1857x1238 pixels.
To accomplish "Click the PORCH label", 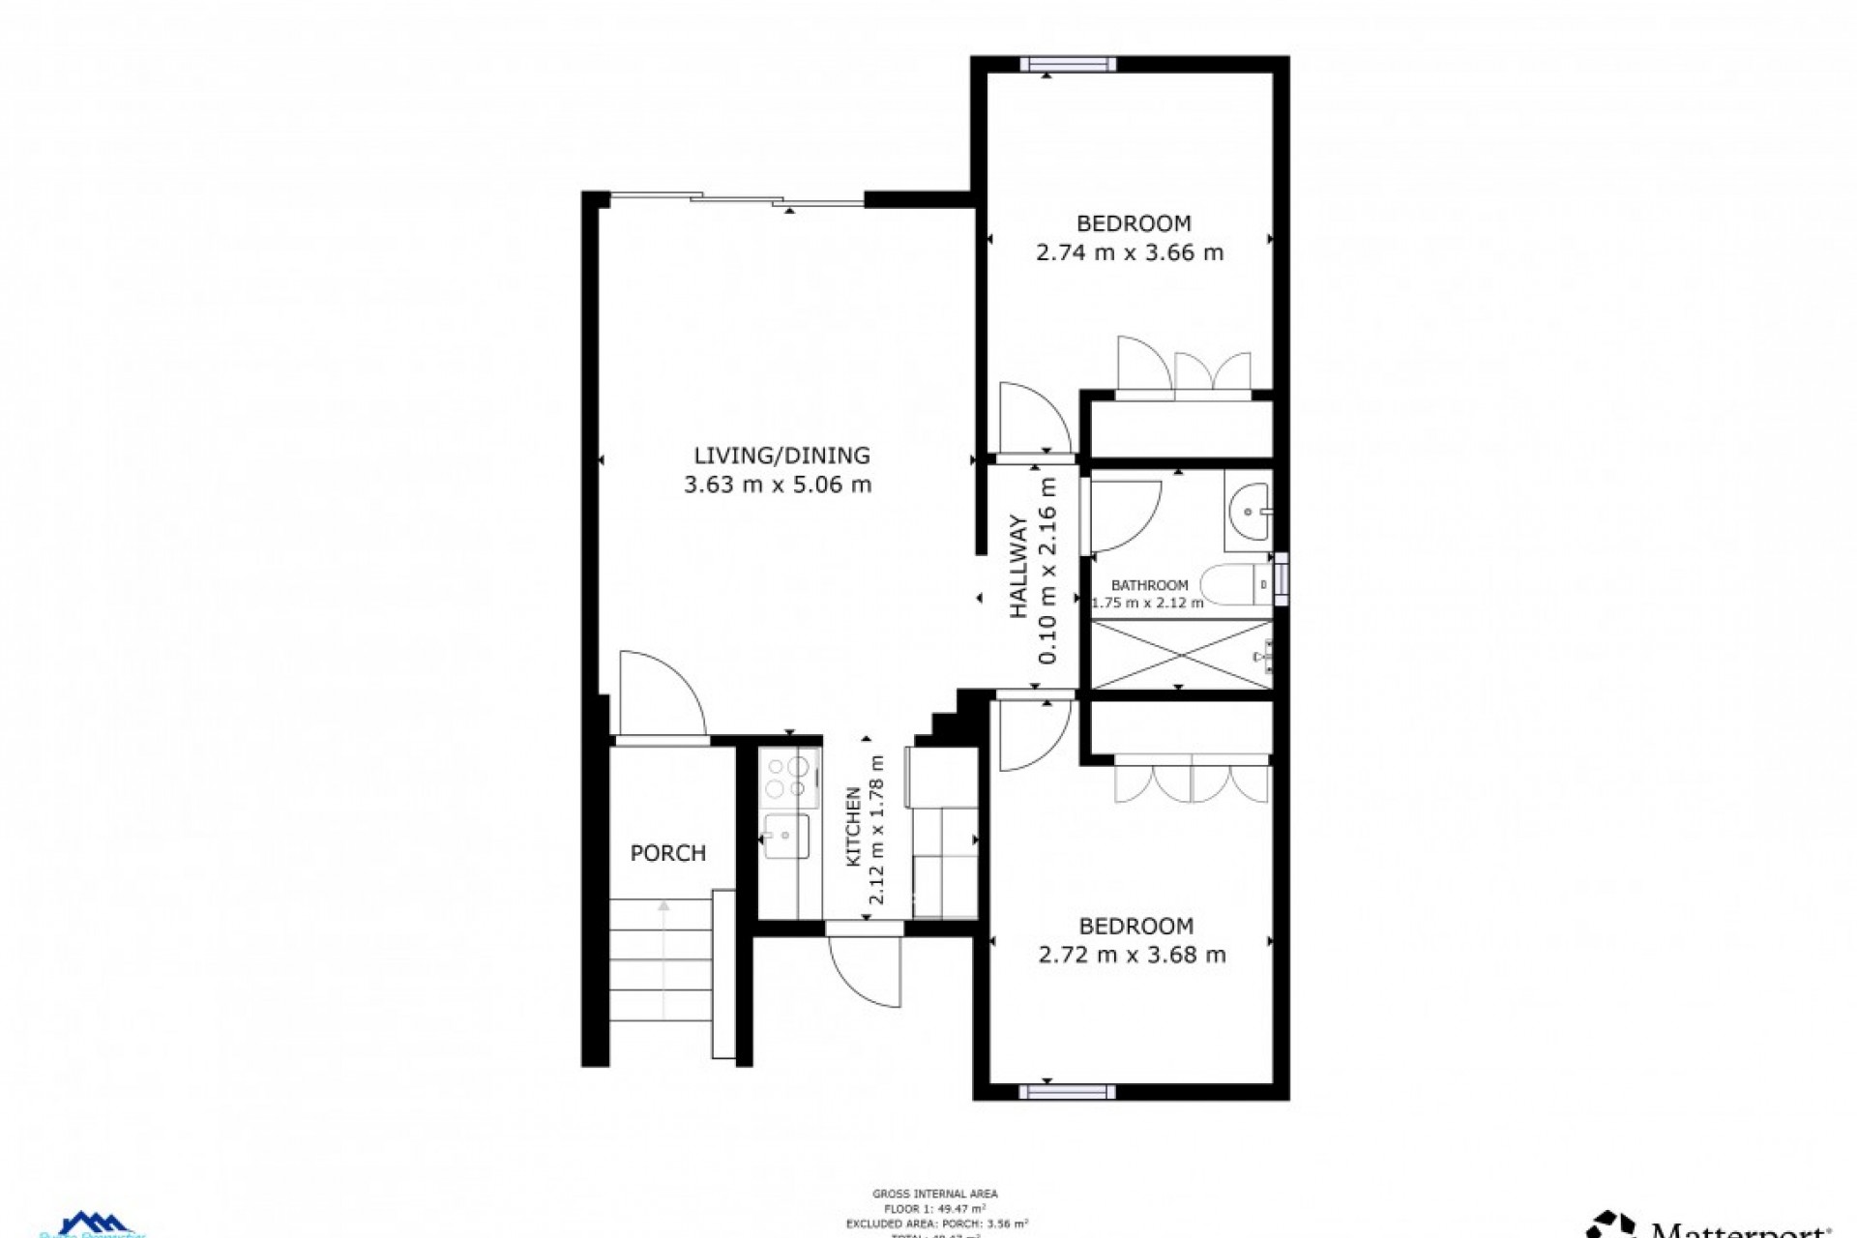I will click(667, 853).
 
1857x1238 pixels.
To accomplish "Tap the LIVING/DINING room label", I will click(781, 455).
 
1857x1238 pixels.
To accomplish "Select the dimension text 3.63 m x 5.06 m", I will click(778, 485).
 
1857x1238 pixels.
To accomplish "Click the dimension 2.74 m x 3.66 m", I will click(1130, 253).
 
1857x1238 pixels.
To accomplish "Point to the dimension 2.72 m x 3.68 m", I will click(1132, 956).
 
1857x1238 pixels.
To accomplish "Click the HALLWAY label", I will click(1018, 568).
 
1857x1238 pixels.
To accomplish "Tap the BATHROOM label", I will click(1149, 585).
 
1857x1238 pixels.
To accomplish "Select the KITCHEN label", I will click(854, 827).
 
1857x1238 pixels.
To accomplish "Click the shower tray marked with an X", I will click(1181, 656).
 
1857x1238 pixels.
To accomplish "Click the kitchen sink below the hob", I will click(785, 835).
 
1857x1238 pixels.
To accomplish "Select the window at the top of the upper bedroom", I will click(1068, 65).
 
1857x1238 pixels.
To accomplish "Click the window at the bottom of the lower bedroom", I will click(1067, 1092).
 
